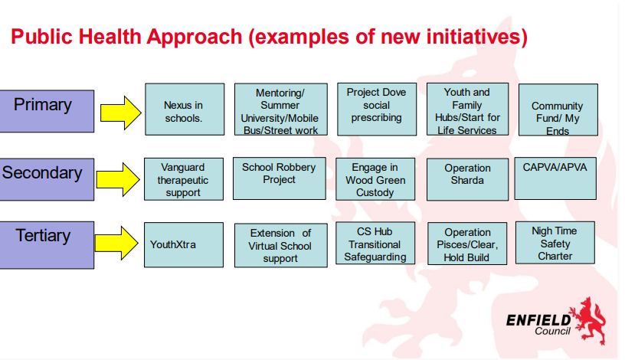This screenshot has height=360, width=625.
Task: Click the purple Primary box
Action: (47, 111)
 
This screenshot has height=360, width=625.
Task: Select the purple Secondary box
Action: (47, 179)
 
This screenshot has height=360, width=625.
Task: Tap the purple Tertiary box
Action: (47, 245)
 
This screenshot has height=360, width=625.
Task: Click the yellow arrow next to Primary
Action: (120, 113)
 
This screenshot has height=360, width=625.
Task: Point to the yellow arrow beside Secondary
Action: (118, 179)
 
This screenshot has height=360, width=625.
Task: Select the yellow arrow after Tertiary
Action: (116, 243)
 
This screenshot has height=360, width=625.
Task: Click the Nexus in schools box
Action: (185, 110)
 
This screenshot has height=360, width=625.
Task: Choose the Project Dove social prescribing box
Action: (377, 110)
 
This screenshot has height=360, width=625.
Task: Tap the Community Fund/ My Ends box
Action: (558, 110)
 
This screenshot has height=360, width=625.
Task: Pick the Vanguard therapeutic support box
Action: (184, 179)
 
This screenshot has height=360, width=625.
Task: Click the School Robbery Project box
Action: (280, 178)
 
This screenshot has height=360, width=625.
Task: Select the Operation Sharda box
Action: (467, 179)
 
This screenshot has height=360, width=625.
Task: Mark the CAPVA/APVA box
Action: (555, 178)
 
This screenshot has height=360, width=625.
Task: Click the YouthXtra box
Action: (184, 245)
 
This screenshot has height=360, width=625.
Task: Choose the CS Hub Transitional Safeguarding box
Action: (375, 243)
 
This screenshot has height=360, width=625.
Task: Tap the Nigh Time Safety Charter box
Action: (555, 243)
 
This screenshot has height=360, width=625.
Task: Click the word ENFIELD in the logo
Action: (538, 320)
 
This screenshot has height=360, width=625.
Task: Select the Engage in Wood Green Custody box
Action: (375, 179)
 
